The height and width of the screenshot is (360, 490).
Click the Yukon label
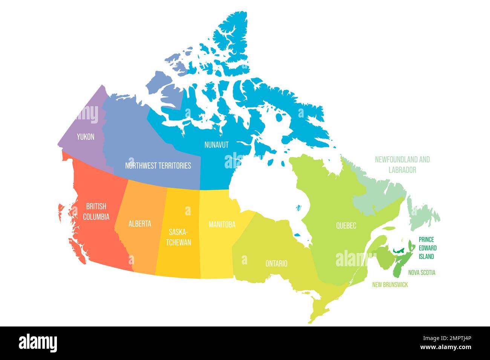[85, 137]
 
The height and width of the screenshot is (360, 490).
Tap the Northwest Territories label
[158, 165]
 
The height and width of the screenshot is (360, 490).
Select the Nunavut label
[216, 145]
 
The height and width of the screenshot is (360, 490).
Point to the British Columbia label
[96, 211]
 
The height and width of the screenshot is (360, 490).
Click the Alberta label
[139, 224]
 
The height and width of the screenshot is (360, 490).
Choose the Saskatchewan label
[179, 236]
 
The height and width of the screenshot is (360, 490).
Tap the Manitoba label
[222, 224]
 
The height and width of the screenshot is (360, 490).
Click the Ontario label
[276, 264]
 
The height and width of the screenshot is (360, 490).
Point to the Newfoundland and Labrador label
[402, 165]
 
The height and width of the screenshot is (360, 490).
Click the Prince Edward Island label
[427, 248]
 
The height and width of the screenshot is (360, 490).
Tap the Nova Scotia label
[421, 272]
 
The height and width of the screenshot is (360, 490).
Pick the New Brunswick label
[390, 285]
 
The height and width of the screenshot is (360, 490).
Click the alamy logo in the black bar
[38, 343]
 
